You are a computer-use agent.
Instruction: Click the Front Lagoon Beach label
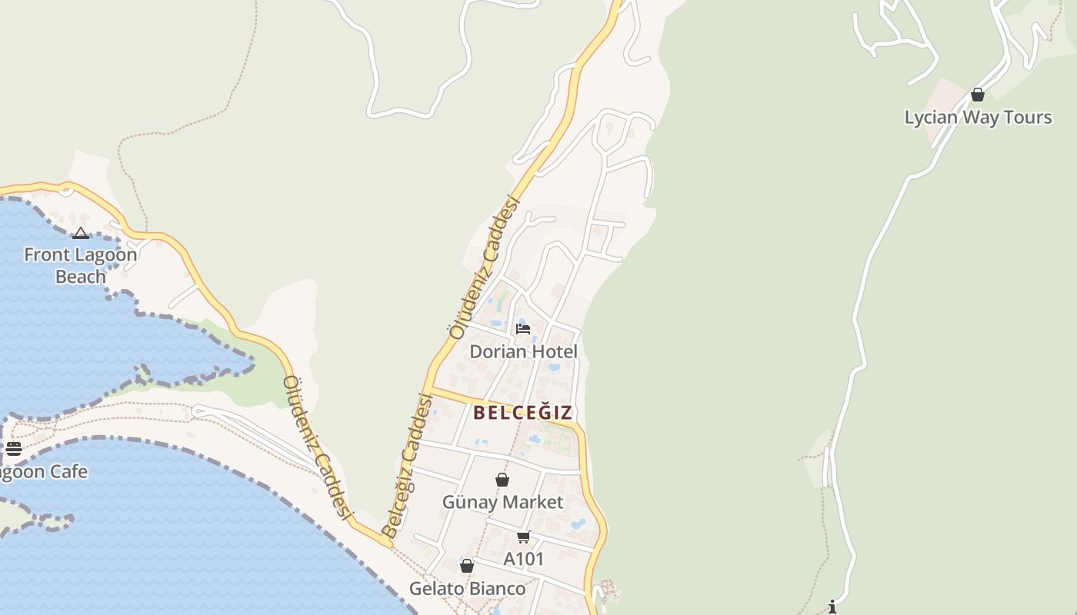click(80, 265)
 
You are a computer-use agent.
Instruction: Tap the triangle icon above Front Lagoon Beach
click(81, 234)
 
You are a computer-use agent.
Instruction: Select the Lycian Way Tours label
click(978, 118)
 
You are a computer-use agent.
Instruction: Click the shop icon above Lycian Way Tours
click(978, 95)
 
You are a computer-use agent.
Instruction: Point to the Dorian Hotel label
click(523, 352)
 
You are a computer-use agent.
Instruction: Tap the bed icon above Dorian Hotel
click(523, 329)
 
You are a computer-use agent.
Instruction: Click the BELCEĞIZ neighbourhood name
click(523, 413)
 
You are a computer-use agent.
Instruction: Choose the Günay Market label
click(502, 503)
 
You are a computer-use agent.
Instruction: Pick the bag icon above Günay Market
click(502, 480)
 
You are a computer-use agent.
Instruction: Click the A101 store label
click(524, 560)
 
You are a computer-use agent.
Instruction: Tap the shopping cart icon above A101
click(524, 537)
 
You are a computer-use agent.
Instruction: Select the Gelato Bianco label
click(467, 589)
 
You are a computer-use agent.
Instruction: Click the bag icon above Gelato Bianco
click(467, 567)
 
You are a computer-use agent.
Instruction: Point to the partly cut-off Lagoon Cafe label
click(43, 472)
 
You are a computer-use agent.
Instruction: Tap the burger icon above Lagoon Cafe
click(14, 449)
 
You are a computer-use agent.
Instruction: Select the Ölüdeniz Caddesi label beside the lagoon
click(317, 446)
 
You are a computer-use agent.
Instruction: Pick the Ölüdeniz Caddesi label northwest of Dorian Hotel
click(485, 268)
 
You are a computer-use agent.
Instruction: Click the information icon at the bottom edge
click(832, 607)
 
